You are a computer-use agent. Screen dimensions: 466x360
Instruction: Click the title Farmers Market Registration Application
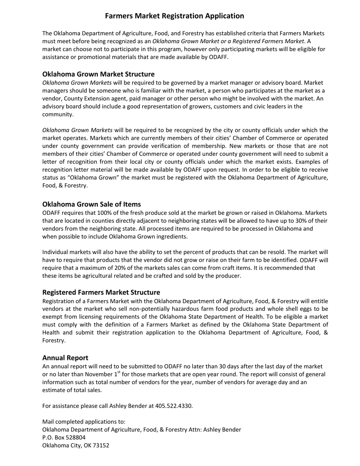click(x=174, y=16)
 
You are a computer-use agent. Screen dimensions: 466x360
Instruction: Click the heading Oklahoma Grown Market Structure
click(x=98, y=74)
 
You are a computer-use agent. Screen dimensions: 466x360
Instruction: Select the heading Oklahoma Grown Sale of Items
click(x=91, y=204)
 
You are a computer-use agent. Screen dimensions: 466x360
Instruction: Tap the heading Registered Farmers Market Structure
click(x=101, y=292)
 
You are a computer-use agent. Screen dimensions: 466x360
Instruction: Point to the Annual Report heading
click(x=65, y=358)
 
